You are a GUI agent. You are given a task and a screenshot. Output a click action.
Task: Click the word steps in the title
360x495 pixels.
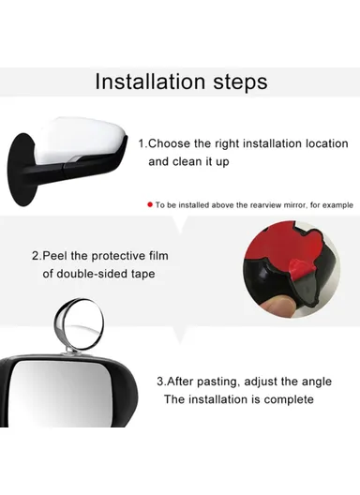tap(233, 82)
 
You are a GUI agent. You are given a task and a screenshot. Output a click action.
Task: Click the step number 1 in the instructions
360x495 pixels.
tap(142, 143)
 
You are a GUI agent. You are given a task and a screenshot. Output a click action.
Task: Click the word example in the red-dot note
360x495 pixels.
tap(331, 203)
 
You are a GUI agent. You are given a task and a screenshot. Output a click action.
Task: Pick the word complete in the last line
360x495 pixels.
tap(287, 399)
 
